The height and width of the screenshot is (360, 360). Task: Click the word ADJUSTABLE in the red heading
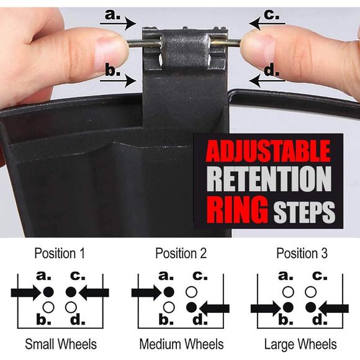point(268,151)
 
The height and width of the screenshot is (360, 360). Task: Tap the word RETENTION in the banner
point(269,179)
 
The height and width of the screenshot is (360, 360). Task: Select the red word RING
point(237,209)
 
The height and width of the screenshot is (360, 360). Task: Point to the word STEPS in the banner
point(304,212)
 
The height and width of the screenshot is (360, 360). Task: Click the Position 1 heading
point(60,253)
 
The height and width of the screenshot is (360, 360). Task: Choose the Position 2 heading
point(181,253)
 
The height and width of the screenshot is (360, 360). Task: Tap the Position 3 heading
point(302,253)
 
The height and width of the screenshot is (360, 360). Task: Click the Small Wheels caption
point(61,344)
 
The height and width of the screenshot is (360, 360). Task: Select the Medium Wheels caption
point(181,344)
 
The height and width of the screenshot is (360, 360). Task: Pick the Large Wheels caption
point(300,344)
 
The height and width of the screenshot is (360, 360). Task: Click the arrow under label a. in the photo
point(118,24)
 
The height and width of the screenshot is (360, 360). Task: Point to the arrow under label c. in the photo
point(267,24)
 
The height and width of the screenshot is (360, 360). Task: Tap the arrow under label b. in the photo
point(118,81)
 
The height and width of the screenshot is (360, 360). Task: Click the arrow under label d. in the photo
point(267,81)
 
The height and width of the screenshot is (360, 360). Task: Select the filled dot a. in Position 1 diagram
point(48,292)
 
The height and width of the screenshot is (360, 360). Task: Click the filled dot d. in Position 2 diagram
point(191,307)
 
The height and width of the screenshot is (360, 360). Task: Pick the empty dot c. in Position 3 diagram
point(310,292)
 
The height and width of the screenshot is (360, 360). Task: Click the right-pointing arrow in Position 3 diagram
point(266,308)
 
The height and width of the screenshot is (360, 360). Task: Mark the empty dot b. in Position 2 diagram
point(169,307)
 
